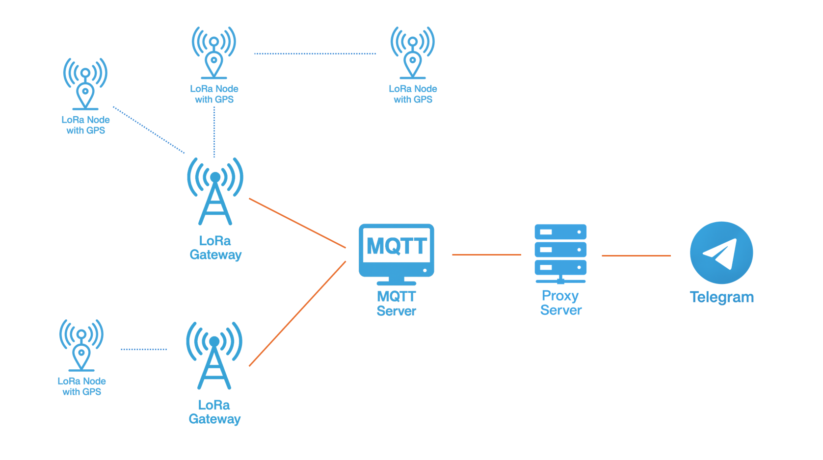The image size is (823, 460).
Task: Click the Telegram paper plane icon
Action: [x=721, y=253]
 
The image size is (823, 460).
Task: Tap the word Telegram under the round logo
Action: [x=721, y=297]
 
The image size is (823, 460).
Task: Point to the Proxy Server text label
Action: [x=560, y=303]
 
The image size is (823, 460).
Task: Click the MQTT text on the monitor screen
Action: [x=397, y=246]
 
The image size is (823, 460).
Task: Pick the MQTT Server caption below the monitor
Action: [x=396, y=304]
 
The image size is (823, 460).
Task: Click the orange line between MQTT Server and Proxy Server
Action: [x=486, y=255]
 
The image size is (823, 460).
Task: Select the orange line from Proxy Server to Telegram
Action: [x=636, y=256]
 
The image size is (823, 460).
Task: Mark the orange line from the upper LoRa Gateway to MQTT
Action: [x=297, y=223]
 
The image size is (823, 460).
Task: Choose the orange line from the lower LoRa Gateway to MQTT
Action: [x=297, y=314]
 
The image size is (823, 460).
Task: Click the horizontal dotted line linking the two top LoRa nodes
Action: [x=315, y=53]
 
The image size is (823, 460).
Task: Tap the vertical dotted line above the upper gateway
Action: [x=214, y=132]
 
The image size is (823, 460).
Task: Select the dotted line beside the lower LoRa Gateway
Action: [x=144, y=349]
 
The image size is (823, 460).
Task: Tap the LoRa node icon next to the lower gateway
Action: [x=81, y=345]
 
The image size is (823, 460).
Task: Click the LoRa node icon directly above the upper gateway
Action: [x=214, y=52]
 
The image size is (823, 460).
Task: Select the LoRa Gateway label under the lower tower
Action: [x=214, y=412]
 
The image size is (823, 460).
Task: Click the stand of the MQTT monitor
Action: [x=396, y=281]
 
